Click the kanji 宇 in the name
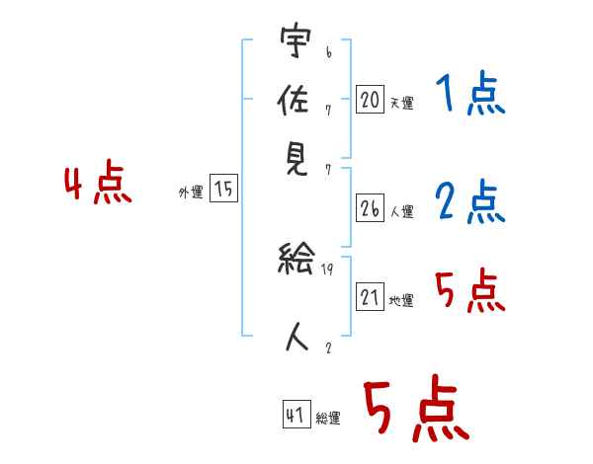[x=296, y=39]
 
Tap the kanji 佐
[x=294, y=100]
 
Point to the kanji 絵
[x=296, y=258]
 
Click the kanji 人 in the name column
[x=297, y=336]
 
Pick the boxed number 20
[x=370, y=99]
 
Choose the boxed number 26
[x=370, y=208]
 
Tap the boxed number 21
[x=370, y=296]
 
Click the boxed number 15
[x=223, y=188]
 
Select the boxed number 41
[x=296, y=414]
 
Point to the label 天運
[x=402, y=103]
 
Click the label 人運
[x=402, y=211]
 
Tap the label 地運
[x=401, y=301]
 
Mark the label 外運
[x=191, y=192]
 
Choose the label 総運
[x=328, y=418]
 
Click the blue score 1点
[x=470, y=94]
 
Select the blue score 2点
[x=470, y=201]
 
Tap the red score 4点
[x=98, y=182]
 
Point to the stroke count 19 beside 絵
[x=327, y=270]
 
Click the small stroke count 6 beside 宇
[x=329, y=52]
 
